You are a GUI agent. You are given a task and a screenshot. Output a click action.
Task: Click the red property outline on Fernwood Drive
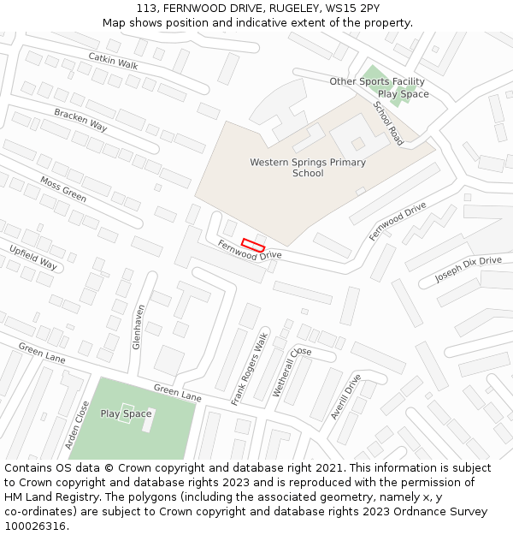[x=252, y=244]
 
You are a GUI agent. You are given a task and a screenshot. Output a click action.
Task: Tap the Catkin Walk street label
[x=112, y=60]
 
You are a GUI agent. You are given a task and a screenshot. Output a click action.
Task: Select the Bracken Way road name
[x=80, y=119]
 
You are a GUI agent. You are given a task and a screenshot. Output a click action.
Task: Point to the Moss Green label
[x=63, y=189]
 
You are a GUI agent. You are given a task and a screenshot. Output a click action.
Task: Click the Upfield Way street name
[x=33, y=257]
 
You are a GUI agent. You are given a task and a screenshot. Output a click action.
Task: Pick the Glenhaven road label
[x=137, y=326]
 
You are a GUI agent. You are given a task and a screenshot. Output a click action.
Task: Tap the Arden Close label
[x=77, y=425]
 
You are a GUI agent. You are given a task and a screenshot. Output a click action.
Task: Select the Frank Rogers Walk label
[x=250, y=368]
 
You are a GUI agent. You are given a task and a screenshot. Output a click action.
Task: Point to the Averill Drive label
[x=346, y=395]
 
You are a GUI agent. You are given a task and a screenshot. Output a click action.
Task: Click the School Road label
[x=388, y=123]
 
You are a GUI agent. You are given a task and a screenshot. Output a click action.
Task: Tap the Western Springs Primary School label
[x=308, y=168]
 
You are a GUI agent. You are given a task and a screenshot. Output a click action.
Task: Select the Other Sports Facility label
[x=377, y=81]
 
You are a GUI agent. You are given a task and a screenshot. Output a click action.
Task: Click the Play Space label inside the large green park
[x=126, y=414]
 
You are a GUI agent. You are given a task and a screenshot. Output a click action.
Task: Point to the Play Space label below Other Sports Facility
[x=403, y=94]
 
